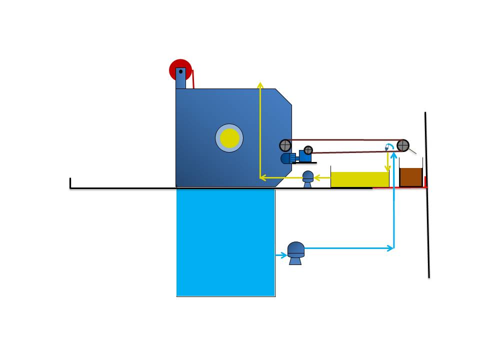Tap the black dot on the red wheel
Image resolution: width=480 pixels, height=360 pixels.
[180, 71]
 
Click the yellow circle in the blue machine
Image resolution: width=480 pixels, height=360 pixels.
[229, 138]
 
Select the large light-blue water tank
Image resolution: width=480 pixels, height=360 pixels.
[225, 242]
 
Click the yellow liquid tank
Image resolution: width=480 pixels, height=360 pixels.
[359, 179]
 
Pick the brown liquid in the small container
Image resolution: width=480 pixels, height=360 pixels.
[411, 177]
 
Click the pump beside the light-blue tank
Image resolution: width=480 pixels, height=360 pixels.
[296, 252]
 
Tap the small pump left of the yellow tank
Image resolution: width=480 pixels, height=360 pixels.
[308, 179]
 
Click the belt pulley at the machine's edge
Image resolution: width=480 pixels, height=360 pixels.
[285, 145]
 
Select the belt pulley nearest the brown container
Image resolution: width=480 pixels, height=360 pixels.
[403, 145]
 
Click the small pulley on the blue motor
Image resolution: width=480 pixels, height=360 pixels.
[308, 149]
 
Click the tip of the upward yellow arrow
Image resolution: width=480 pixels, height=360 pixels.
[260, 84]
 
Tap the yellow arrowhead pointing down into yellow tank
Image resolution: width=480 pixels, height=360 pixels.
[387, 168]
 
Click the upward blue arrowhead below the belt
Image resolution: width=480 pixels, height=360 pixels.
[394, 159]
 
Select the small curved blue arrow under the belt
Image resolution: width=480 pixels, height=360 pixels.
[388, 146]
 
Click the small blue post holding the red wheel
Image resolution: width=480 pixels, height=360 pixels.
[180, 79]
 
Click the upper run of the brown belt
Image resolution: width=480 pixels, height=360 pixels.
[345, 139]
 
